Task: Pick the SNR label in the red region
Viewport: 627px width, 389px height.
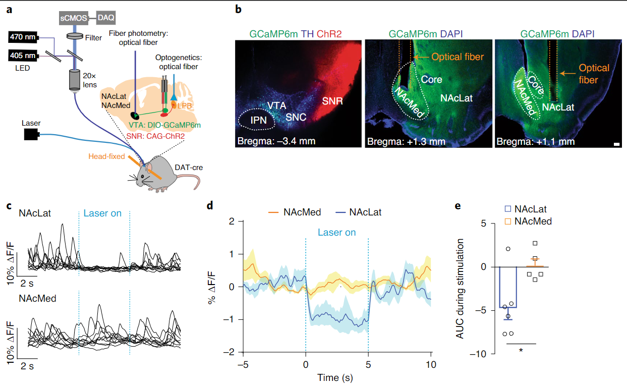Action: tap(333, 101)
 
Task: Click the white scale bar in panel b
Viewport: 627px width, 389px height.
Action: tap(616, 145)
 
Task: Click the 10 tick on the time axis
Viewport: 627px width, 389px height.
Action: tap(430, 364)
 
